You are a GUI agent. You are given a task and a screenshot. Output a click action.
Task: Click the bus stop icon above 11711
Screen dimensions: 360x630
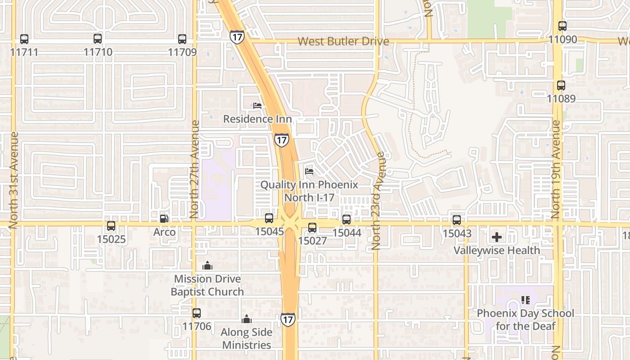24,39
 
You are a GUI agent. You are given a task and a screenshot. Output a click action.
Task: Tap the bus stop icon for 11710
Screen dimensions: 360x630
98,39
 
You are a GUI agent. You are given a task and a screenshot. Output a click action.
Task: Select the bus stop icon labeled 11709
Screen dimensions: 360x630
182,39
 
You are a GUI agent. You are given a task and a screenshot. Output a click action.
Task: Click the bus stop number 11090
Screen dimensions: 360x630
562,40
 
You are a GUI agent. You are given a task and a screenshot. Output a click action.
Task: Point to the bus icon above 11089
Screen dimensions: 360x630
561,85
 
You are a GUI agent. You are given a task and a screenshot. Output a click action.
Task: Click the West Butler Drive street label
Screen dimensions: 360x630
343,41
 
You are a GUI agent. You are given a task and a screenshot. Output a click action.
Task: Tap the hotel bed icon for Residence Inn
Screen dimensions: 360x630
257,106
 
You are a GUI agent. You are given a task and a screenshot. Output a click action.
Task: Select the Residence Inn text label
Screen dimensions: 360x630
257,119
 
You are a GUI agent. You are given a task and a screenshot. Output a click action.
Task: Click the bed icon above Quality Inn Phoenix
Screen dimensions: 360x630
309,171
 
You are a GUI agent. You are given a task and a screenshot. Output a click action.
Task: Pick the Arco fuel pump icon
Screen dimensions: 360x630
164,219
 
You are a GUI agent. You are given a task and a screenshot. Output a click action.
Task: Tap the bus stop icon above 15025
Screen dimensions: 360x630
111,226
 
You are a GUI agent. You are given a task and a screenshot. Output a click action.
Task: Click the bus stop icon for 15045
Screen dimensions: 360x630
269,218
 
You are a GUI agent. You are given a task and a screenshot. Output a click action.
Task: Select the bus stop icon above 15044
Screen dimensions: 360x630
346,220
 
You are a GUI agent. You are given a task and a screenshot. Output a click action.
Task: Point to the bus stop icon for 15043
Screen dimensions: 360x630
457,220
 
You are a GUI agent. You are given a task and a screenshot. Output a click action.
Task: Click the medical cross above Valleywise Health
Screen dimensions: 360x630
497,237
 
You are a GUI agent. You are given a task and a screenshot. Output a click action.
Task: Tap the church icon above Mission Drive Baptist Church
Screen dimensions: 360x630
207,265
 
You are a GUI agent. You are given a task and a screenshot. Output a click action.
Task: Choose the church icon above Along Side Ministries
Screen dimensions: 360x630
247,319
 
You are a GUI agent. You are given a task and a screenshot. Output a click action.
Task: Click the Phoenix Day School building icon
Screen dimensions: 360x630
525,300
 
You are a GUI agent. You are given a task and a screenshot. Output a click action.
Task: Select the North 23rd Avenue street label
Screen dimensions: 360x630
377,201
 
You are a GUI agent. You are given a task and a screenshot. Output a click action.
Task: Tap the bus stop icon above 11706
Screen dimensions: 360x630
197,313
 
